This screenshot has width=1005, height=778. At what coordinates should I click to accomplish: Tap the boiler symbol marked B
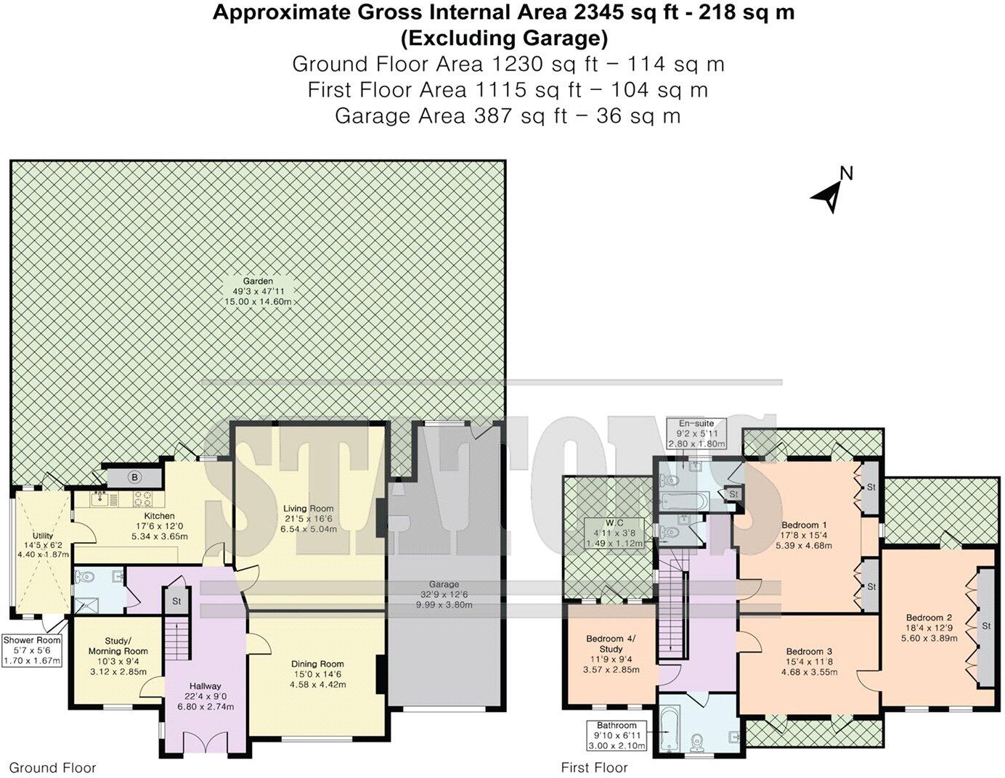tap(134, 477)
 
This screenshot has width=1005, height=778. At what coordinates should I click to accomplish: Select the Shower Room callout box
tap(32, 651)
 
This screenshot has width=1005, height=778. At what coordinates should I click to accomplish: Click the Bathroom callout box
tap(617, 735)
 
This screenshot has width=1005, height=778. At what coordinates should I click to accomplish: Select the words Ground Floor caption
tap(52, 768)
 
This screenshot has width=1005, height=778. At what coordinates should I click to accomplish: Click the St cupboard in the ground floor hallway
tap(176, 601)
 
